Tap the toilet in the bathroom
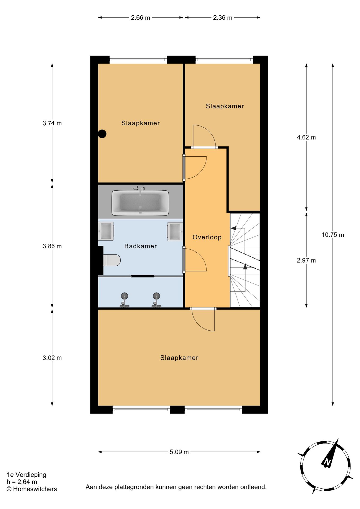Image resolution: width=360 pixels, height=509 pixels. click(x=112, y=260)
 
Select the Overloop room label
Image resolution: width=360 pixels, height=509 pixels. click(x=207, y=237)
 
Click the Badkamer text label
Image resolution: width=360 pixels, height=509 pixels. click(x=141, y=246)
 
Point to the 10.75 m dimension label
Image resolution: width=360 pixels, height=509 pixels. click(x=333, y=235)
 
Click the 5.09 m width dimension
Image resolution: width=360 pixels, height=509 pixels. click(x=179, y=452)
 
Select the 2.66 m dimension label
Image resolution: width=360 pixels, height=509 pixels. click(x=141, y=18)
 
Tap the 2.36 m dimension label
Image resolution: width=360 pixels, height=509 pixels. click(x=222, y=18)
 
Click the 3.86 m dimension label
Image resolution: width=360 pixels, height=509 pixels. click(x=52, y=246)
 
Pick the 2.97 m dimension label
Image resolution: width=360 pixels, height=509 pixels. click(x=306, y=261)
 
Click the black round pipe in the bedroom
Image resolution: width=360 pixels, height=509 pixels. click(x=102, y=134)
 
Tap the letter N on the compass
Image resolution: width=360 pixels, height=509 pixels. click(x=327, y=462)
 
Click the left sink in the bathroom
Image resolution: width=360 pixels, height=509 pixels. click(x=106, y=231)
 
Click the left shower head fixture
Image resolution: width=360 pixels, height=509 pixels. click(x=124, y=300)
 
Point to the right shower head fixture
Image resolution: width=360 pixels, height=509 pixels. click(x=156, y=300)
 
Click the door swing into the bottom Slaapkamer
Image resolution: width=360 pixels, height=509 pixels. click(x=204, y=321)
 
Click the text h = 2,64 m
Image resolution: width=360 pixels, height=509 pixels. click(x=22, y=482)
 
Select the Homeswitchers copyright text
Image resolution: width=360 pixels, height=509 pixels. click(x=32, y=489)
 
